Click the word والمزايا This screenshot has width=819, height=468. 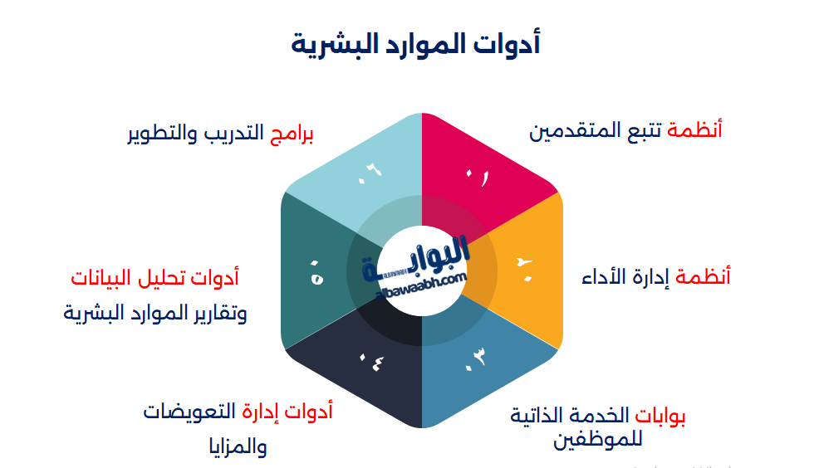tap(238, 447)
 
